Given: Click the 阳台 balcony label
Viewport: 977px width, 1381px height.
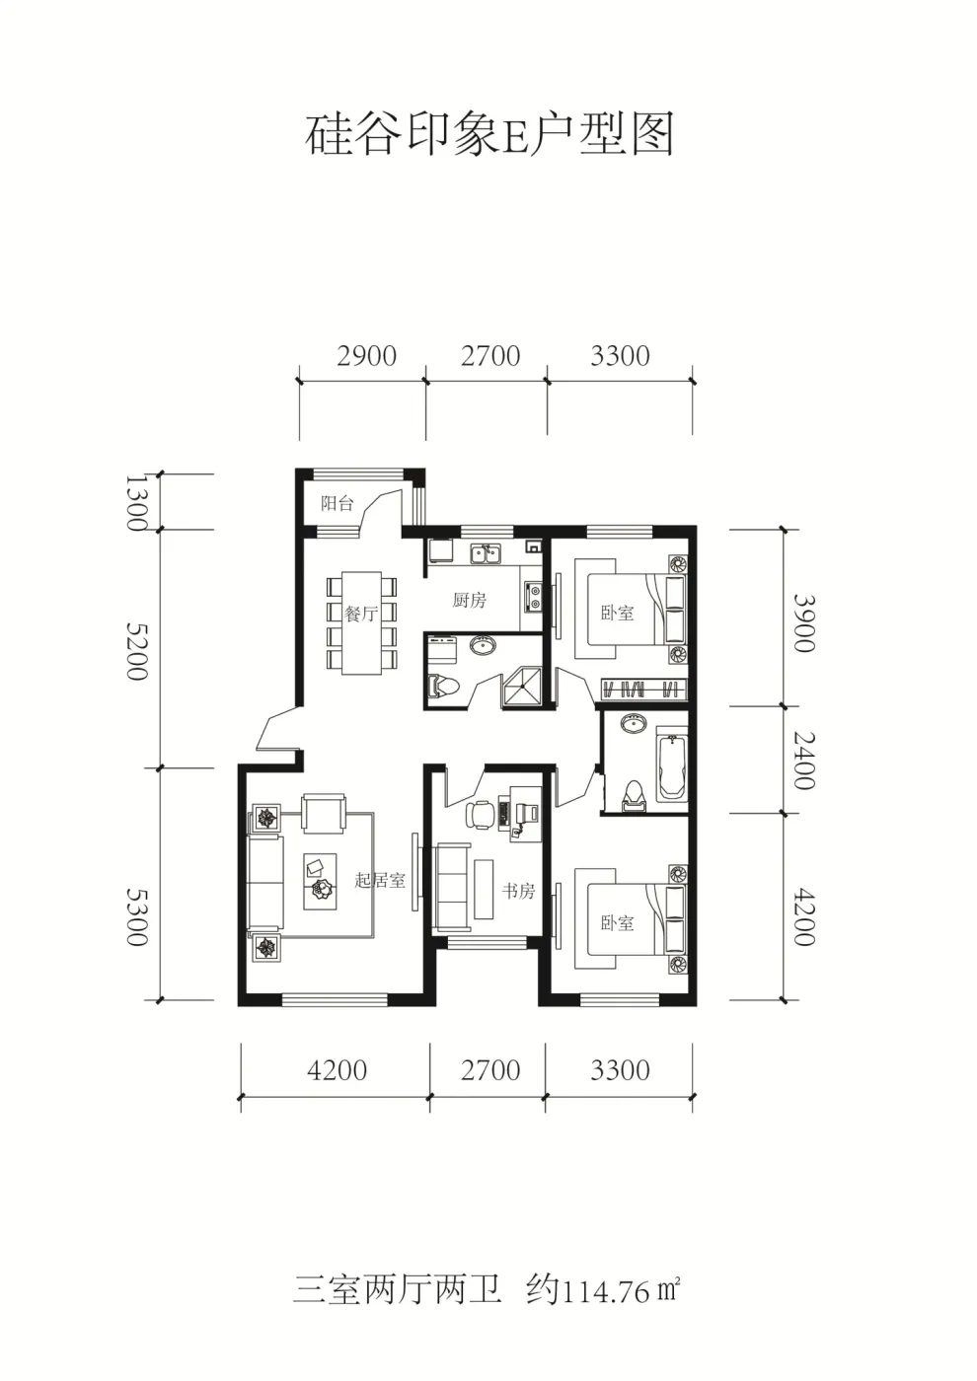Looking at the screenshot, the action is click(x=337, y=503).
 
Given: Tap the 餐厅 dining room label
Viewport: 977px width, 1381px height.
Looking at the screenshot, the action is click(x=361, y=613).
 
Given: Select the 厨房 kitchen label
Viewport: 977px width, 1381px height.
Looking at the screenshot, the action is click(x=470, y=600).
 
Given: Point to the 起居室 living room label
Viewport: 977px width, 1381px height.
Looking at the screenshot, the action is click(x=380, y=880).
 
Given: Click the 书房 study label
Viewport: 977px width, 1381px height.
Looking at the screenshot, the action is click(x=518, y=891).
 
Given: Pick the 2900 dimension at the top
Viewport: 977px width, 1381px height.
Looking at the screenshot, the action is click(x=366, y=356).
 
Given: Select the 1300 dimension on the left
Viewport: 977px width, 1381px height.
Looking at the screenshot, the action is click(x=137, y=502).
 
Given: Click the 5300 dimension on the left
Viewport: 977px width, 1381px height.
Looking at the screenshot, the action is click(x=137, y=916).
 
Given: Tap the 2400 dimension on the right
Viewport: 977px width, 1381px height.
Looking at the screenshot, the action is click(x=803, y=761).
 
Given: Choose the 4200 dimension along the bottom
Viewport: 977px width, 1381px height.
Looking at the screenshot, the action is click(x=337, y=1070).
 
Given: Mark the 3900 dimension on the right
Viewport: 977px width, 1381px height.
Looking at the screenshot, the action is click(x=803, y=622).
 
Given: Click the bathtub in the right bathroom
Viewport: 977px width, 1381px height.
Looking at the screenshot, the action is click(x=672, y=767).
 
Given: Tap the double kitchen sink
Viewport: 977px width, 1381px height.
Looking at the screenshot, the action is click(x=486, y=553).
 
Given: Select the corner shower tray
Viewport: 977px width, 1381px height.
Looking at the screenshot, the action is click(x=523, y=685).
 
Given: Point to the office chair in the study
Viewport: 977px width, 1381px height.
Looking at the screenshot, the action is click(x=480, y=814).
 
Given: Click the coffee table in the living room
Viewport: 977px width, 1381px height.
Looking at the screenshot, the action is click(x=320, y=881).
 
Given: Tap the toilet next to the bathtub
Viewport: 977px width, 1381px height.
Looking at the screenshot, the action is click(x=633, y=794).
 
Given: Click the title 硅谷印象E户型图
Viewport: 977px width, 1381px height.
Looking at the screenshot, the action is click(x=489, y=134).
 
